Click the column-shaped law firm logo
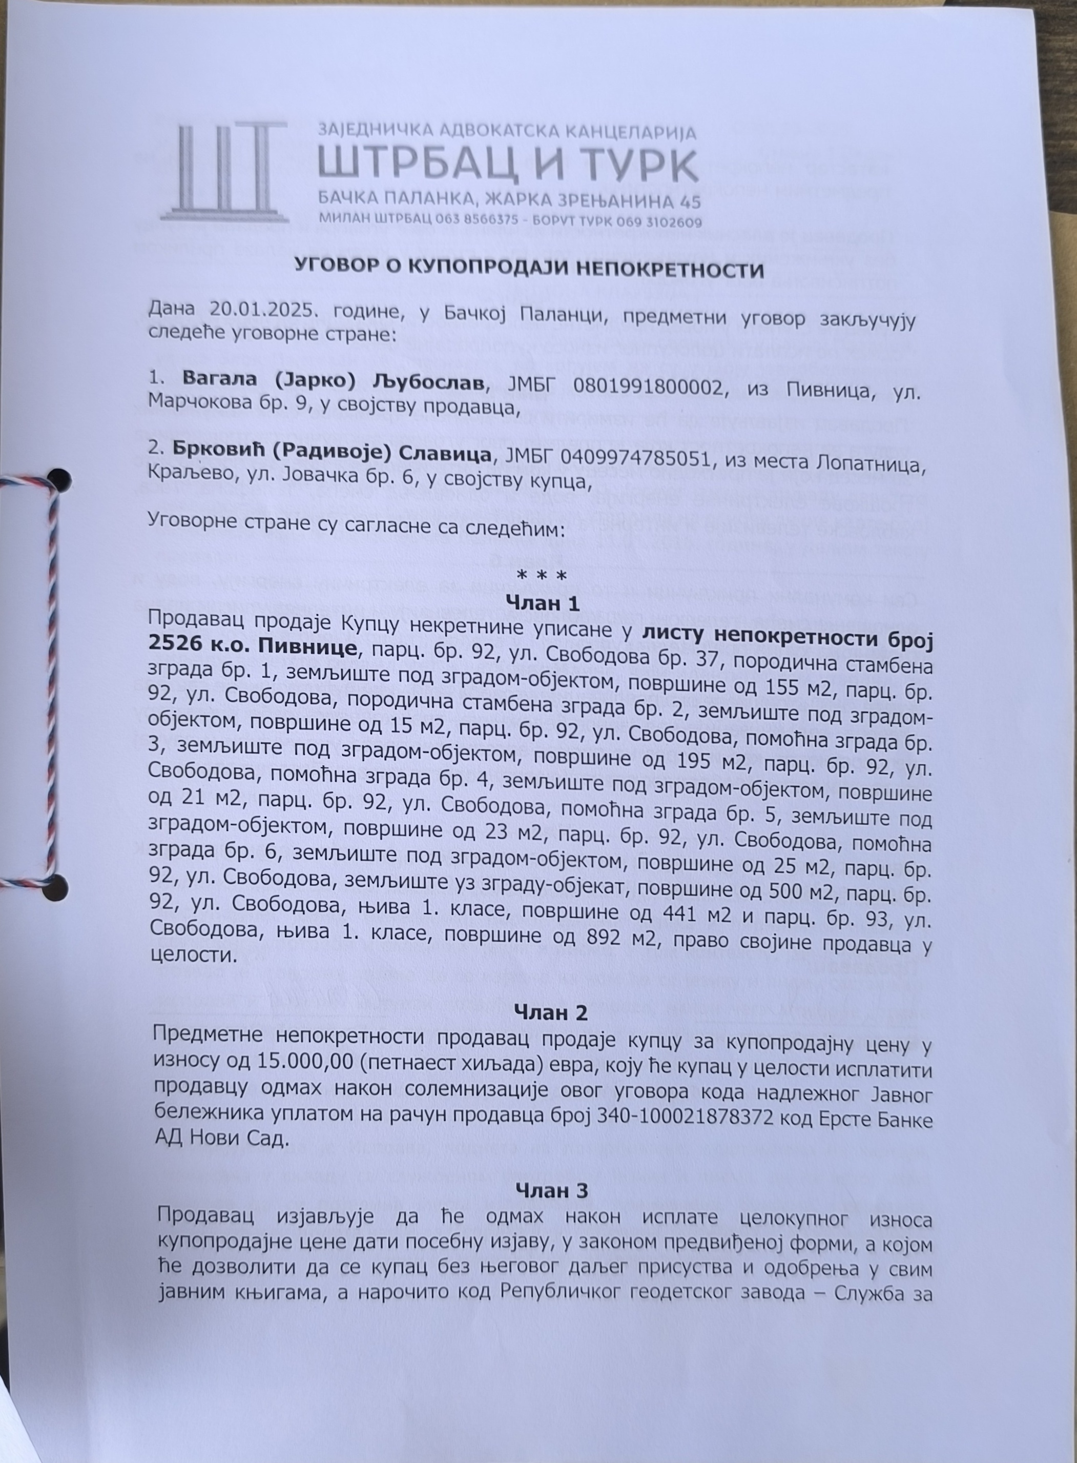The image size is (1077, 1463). click(223, 172)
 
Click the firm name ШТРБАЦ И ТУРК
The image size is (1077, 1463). click(508, 165)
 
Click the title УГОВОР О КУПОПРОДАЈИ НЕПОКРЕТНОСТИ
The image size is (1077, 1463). click(529, 269)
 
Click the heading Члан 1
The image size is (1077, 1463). click(543, 604)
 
